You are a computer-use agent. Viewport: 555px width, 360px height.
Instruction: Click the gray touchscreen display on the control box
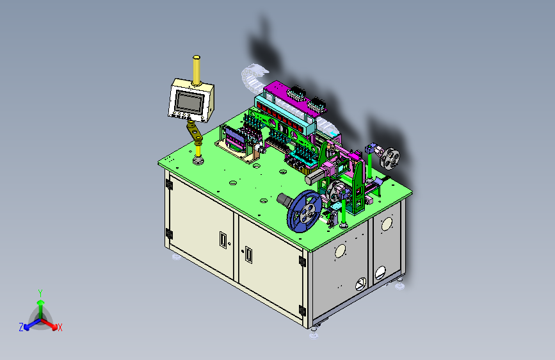click(x=189, y=101)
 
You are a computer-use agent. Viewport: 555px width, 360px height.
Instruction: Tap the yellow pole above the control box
click(x=197, y=70)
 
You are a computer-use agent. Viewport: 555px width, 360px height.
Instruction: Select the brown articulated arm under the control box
click(x=195, y=132)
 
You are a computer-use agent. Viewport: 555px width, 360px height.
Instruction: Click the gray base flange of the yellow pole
click(x=198, y=161)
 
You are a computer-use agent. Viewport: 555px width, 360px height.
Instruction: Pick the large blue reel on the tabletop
click(x=305, y=211)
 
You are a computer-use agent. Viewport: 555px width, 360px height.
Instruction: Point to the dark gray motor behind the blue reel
click(x=285, y=200)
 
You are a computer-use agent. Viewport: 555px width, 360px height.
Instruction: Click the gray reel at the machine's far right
click(x=390, y=159)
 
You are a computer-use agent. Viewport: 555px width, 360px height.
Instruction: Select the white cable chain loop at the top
click(x=253, y=77)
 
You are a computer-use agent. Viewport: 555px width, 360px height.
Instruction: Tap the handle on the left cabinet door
click(x=223, y=240)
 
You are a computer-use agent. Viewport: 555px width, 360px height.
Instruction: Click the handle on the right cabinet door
click(x=249, y=255)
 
